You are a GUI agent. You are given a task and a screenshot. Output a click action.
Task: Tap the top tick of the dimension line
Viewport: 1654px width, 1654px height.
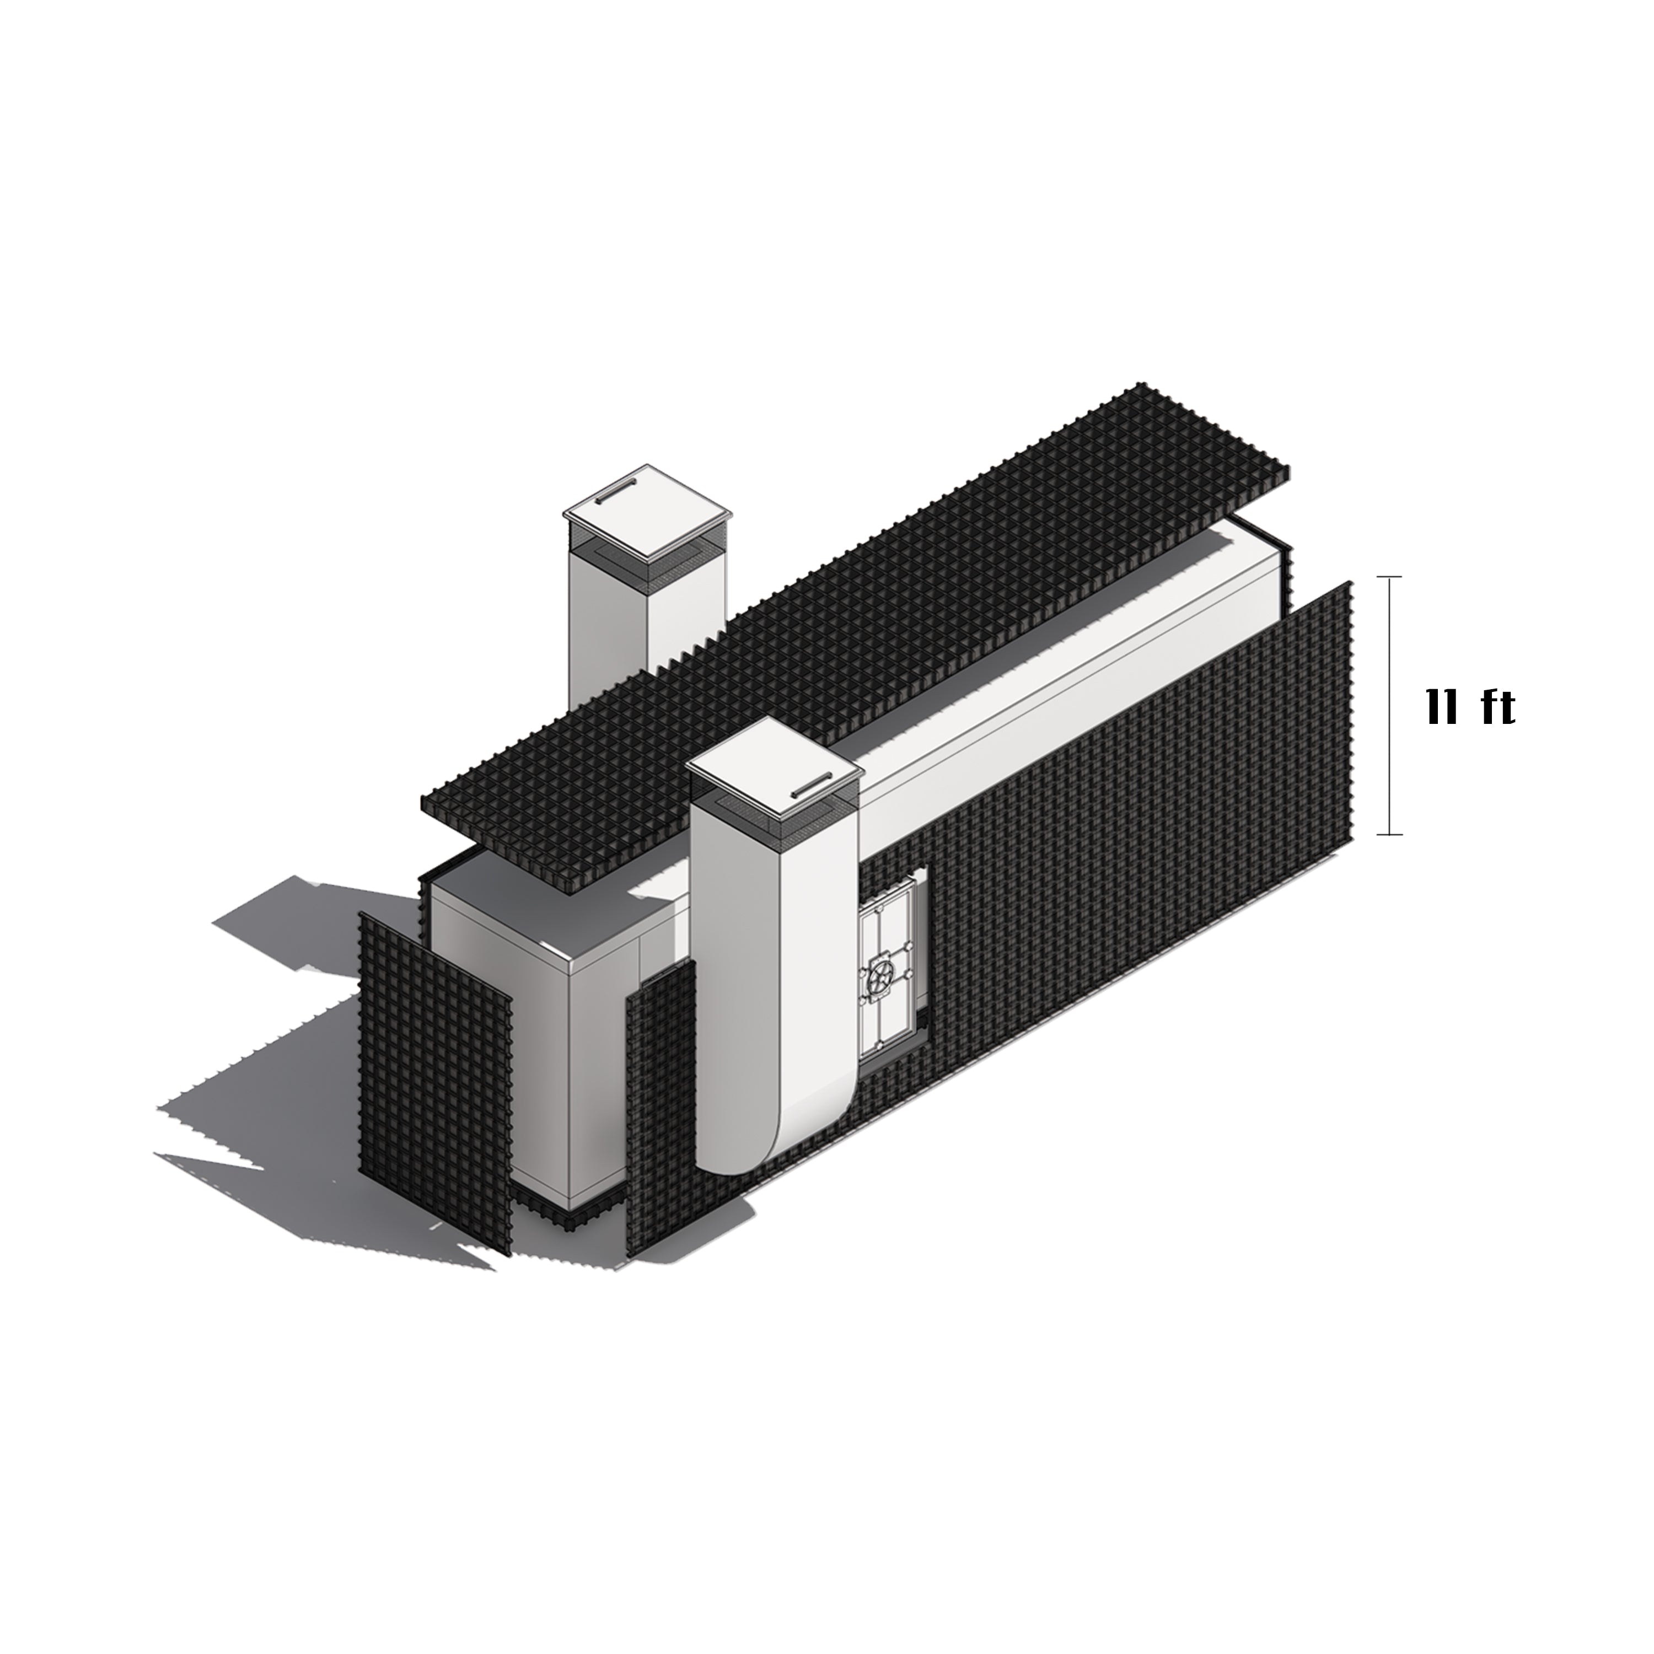tap(1389, 578)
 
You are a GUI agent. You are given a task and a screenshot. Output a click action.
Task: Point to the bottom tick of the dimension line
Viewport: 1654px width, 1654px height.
tap(1389, 834)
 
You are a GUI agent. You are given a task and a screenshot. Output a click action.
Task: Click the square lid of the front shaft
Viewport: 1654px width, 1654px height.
tap(774, 773)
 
